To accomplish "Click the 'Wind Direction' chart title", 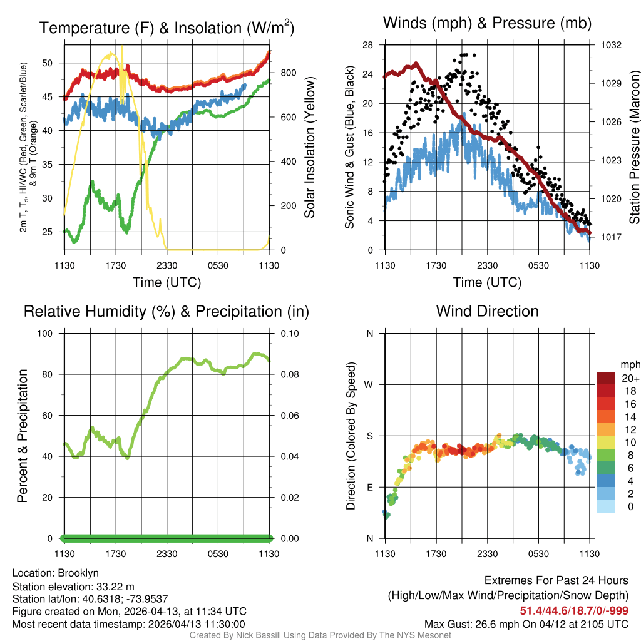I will click(x=487, y=311).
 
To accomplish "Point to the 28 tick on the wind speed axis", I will click(x=368, y=45).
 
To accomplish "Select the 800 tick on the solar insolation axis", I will click(x=288, y=73).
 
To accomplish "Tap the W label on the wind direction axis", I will click(x=369, y=384).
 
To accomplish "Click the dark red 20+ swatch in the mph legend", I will click(x=606, y=378).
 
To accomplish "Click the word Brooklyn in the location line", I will click(x=78, y=573).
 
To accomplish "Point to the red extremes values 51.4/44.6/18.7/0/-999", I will click(x=574, y=610).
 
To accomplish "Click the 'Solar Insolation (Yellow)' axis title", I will click(x=309, y=148).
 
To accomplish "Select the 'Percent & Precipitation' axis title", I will click(x=23, y=436).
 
